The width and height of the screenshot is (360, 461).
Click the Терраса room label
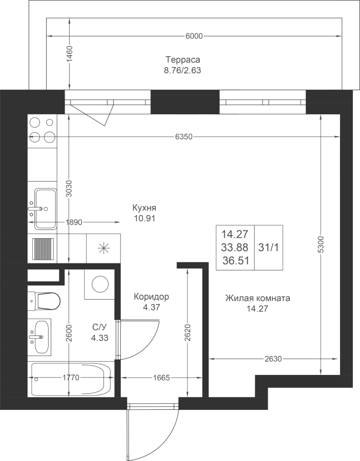pos(183,60)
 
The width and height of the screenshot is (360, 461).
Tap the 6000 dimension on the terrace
pos(194,36)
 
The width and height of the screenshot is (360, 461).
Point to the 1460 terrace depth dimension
pos(69,54)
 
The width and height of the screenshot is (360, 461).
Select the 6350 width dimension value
pos(184,137)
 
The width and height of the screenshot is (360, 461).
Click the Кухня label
pos(144,208)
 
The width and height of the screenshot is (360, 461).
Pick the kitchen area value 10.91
pos(144,218)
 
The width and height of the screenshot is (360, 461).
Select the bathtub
pos(71,379)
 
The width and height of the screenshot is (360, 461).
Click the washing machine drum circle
pos(100,284)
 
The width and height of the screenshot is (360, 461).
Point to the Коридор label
pos(152,297)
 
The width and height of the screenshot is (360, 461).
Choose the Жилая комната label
pos(258,298)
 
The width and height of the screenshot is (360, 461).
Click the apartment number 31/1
pos(268,247)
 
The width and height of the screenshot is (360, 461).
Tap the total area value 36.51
pos(236,261)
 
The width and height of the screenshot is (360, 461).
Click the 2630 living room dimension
pos(273,359)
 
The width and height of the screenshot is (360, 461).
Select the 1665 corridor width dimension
pos(161,378)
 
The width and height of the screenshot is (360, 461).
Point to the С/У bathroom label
pos(99,327)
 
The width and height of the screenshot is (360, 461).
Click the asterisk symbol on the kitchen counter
pos(103,249)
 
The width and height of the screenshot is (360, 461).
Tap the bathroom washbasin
pos(40,337)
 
